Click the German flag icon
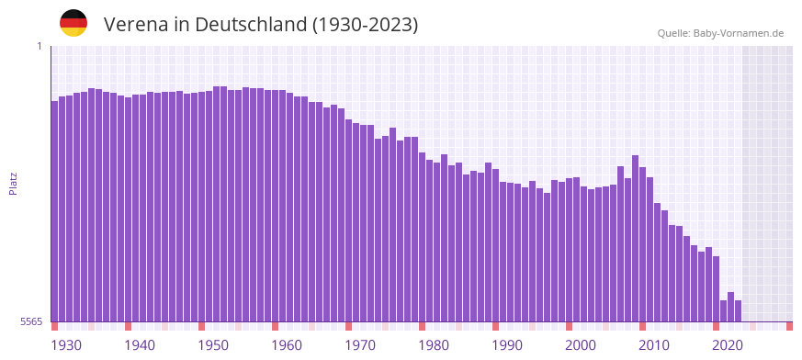[73, 23]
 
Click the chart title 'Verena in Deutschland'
[261, 25]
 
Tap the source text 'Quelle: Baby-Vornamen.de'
[720, 33]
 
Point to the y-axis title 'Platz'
[13, 183]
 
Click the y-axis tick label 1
[40, 46]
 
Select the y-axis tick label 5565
[30, 321]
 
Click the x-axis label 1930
[66, 345]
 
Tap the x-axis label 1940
[140, 345]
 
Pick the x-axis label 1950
[213, 345]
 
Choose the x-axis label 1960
[287, 345]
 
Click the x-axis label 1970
[360, 345]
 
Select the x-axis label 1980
[434, 345]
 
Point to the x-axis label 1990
[507, 345]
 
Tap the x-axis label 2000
[581, 345]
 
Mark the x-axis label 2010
[654, 345]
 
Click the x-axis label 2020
[728, 345]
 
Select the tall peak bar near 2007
[635, 239]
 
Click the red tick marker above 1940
[128, 326]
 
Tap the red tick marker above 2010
[642, 326]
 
